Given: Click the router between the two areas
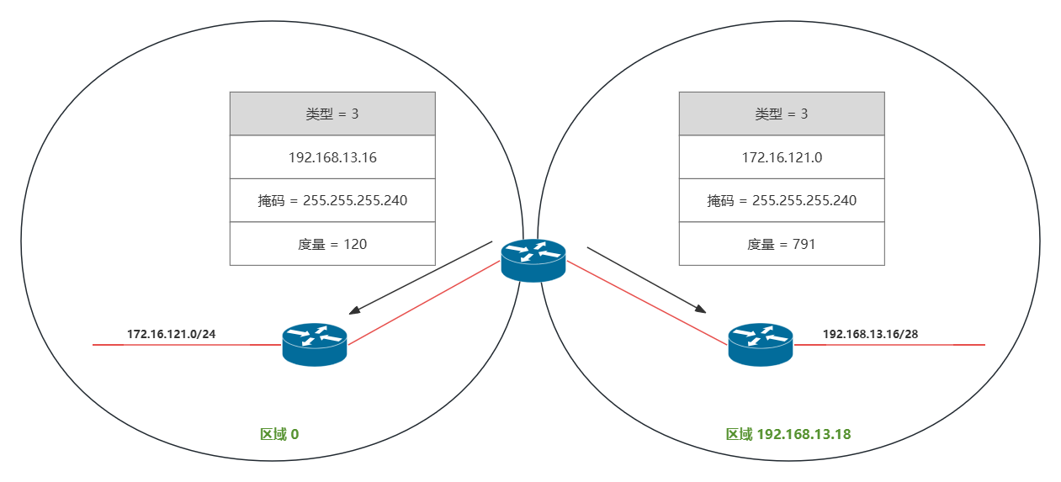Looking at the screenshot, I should click(x=533, y=260).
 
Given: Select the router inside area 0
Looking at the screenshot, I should click(x=315, y=345).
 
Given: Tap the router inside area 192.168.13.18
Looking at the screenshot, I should click(x=761, y=345).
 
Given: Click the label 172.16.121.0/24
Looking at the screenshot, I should click(x=172, y=334).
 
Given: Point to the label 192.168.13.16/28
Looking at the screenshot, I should click(x=870, y=334).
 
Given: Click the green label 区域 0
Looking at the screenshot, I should click(x=279, y=435).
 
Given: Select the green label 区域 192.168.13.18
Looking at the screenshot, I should click(x=788, y=435).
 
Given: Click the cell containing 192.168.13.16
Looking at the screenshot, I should click(x=332, y=156).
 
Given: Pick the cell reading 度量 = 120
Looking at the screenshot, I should click(x=332, y=244).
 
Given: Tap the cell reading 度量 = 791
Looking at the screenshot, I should click(x=782, y=244).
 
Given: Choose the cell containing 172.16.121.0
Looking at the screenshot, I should click(x=782, y=156).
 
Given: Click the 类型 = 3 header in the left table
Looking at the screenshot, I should click(x=332, y=114).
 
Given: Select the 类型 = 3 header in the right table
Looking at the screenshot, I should click(x=782, y=114).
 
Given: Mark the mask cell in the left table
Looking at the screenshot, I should click(x=332, y=200).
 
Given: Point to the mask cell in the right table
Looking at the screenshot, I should click(x=782, y=200).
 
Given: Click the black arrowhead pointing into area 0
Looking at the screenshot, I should click(x=355, y=310).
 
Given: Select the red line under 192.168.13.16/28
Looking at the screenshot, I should click(x=892, y=345).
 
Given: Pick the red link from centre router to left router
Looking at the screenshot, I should click(x=425, y=303).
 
